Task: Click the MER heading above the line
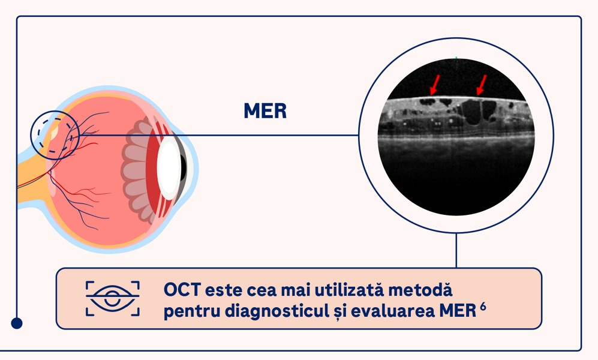tap(265, 110)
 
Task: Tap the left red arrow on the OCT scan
tap(434, 85)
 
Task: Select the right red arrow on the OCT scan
tap(482, 85)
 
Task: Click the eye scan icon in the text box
tap(113, 299)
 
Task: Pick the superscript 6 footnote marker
tap(483, 306)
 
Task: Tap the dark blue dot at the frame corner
tap(16, 323)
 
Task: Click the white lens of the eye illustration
tap(169, 168)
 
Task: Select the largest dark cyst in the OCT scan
tap(471, 112)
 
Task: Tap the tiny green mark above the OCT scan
tap(456, 58)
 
